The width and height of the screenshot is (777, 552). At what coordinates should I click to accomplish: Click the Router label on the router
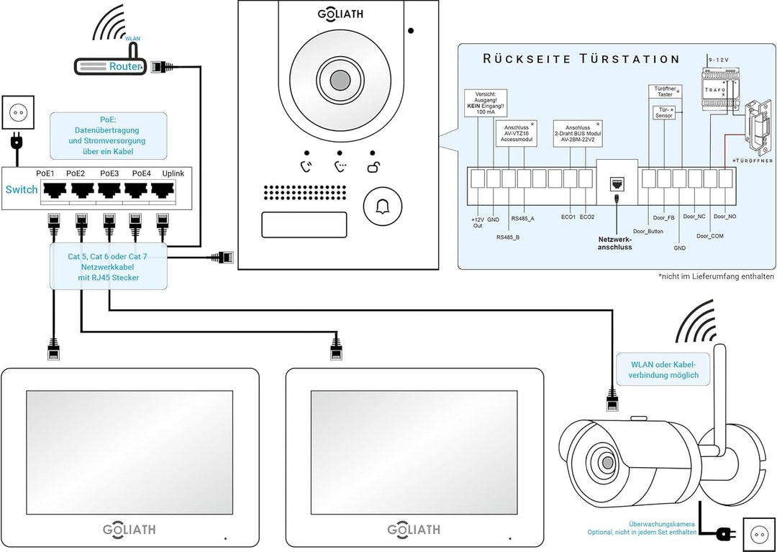pos(123,66)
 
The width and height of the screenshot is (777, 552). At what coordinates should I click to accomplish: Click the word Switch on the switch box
pos(22,189)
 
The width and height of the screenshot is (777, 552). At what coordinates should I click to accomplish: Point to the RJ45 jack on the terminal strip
pos(617,183)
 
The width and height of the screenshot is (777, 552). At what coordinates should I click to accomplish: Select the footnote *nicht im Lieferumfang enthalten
pos(716,276)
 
